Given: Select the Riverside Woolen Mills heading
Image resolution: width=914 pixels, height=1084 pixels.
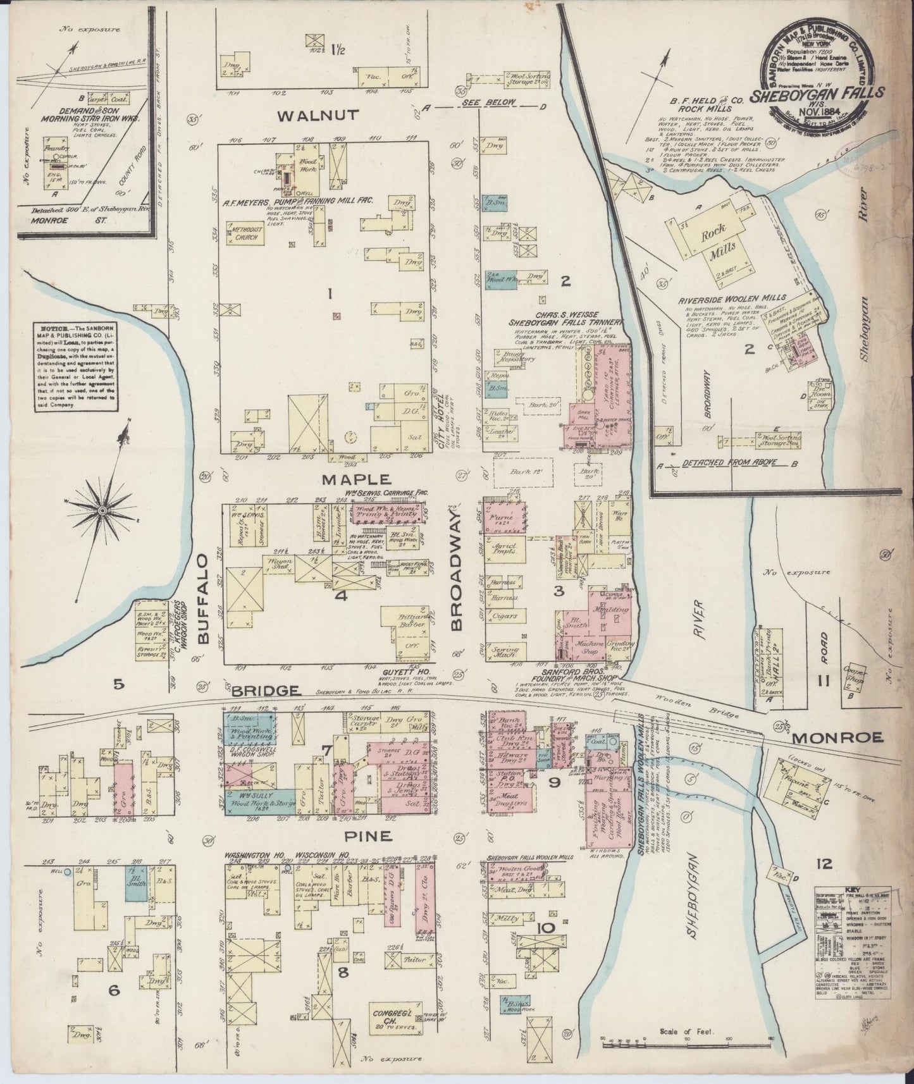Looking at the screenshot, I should click(x=732, y=297).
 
